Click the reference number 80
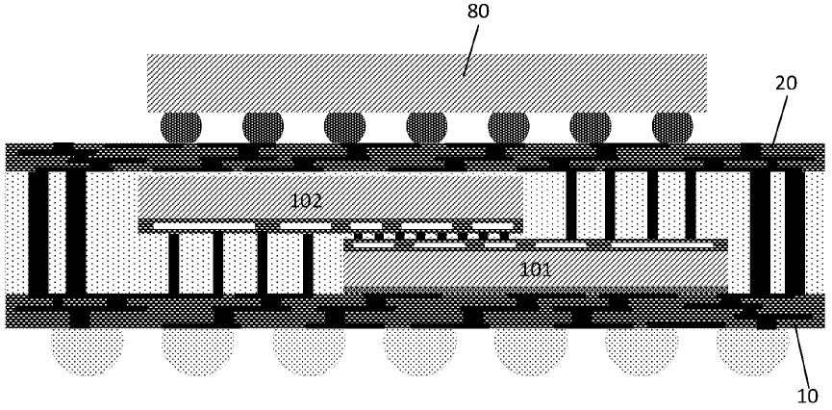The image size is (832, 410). click(478, 12)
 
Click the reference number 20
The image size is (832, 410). click(787, 83)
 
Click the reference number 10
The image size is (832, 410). click(809, 396)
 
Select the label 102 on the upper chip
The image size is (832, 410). click(306, 201)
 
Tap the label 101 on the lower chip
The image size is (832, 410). click(535, 269)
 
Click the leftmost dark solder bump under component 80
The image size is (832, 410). click(181, 127)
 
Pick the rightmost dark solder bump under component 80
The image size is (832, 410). click(672, 127)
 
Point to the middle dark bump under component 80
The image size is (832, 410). click(427, 127)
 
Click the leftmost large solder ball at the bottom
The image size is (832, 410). click(87, 351)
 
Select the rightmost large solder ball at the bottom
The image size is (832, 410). click(753, 351)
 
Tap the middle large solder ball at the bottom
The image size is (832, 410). click(420, 351)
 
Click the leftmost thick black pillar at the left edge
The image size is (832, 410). click(38, 233)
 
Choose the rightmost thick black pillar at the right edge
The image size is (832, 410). click(794, 233)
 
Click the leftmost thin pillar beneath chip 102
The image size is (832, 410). click(173, 264)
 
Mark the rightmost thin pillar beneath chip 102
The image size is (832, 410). click(308, 264)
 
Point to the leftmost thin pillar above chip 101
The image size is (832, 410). click(571, 205)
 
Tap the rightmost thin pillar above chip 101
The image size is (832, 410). click(691, 205)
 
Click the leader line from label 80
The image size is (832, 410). click(471, 49)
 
